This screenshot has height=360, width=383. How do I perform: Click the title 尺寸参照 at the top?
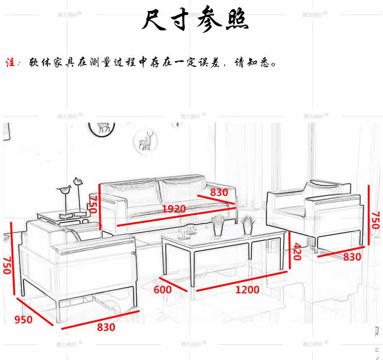195,21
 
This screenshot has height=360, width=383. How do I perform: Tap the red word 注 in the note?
11,63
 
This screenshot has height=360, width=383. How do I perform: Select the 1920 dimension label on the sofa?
174,209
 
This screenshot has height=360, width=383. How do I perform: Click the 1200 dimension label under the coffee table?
247,290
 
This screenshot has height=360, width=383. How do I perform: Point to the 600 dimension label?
162,290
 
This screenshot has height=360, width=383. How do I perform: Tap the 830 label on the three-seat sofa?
219,192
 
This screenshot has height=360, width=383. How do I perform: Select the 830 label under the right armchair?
352,257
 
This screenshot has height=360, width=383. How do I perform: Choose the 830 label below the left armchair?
106,327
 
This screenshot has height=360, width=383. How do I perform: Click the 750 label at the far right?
375,221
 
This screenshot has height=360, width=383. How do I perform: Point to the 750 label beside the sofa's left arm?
93,205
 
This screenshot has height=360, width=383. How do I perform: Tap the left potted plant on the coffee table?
218,225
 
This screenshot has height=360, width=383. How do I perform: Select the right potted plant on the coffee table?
248,224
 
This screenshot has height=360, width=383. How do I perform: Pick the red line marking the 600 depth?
173,284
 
